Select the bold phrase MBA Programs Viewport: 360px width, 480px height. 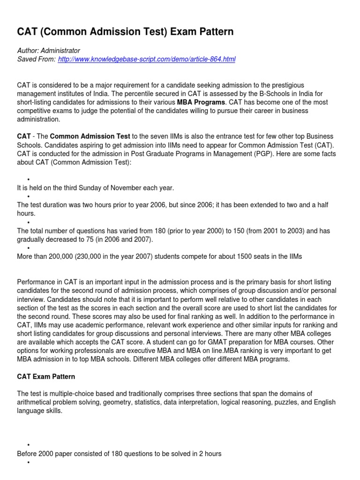coord(201,102)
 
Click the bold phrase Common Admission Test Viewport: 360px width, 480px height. coord(90,136)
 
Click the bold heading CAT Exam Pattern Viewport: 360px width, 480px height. coord(46,376)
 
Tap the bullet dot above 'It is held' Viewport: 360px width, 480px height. coord(29,180)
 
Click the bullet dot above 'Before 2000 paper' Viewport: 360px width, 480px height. coord(29,445)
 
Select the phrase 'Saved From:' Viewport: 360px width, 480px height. coord(36,59)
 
